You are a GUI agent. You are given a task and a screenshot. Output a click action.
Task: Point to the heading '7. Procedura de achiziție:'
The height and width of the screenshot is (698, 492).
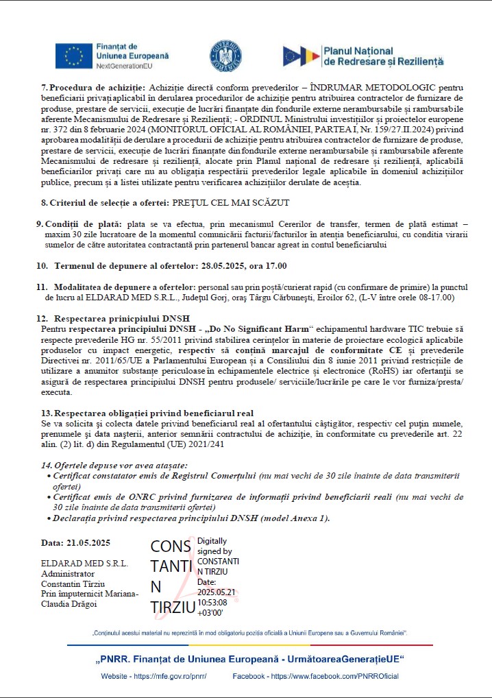tap(93, 88)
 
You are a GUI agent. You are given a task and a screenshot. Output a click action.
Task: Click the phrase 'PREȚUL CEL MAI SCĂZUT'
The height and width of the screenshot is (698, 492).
tap(231, 202)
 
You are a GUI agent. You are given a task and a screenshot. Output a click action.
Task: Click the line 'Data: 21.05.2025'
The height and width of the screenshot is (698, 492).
tap(75, 543)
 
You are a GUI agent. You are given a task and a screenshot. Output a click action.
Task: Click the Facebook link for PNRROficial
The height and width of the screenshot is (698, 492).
tap(316, 676)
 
